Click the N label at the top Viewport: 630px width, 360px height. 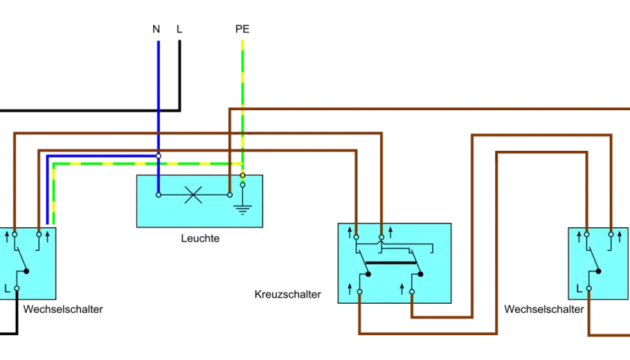pyautogui.click(x=156, y=29)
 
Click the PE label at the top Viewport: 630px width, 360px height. pyautogui.click(x=242, y=29)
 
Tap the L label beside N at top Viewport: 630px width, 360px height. pyautogui.click(x=179, y=29)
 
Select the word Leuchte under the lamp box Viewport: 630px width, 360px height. pyautogui.click(x=200, y=238)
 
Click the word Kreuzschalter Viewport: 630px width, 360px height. pyautogui.click(x=288, y=295)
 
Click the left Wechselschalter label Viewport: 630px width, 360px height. pyautogui.click(x=63, y=309)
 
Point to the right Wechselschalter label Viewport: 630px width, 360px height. pyautogui.click(x=544, y=309)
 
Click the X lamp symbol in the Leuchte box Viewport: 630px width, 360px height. pyautogui.click(x=193, y=195)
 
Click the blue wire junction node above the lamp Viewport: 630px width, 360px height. pyautogui.click(x=159, y=156)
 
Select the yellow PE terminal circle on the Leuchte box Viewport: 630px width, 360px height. pyautogui.click(x=243, y=175)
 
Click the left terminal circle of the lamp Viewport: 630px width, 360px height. pyautogui.click(x=159, y=195)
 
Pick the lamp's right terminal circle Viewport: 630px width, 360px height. pyautogui.click(x=229, y=195)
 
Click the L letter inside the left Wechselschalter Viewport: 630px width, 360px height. pyautogui.click(x=7, y=289)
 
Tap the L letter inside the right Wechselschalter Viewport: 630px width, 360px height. pyautogui.click(x=579, y=289)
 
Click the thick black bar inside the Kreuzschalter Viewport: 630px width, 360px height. pyautogui.click(x=391, y=262)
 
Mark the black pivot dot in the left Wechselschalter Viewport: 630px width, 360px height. pyautogui.click(x=26, y=271)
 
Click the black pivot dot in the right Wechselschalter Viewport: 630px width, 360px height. pyautogui.click(x=598, y=271)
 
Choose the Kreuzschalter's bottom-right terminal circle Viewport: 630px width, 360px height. pyautogui.click(x=412, y=292)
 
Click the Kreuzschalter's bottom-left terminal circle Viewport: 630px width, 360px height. pyautogui.click(x=359, y=292)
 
